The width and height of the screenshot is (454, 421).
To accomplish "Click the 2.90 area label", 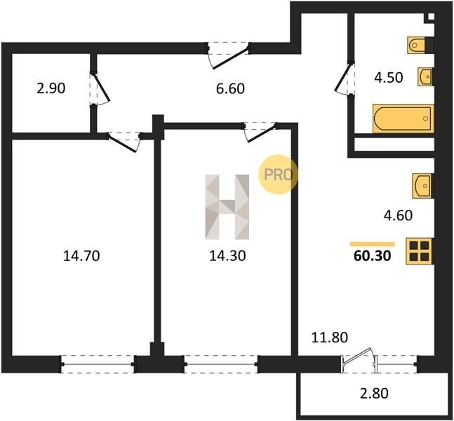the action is click(x=51, y=88).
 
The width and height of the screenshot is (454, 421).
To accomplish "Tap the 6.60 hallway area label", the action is click(x=230, y=88).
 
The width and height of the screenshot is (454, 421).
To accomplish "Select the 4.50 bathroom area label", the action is click(x=389, y=78).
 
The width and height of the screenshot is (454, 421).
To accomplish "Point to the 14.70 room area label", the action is click(x=81, y=256).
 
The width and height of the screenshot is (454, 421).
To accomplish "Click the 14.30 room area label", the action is click(x=227, y=256).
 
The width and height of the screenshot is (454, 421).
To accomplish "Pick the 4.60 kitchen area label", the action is click(x=398, y=215).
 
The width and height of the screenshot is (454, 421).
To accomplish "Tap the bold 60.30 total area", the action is click(x=373, y=256).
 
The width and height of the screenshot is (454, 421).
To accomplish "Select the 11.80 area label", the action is click(x=330, y=338).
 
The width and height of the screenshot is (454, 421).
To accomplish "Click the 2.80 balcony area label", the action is click(x=374, y=394).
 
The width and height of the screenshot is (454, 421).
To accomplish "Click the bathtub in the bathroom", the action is click(x=403, y=119).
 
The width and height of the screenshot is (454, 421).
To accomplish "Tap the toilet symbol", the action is click(x=418, y=45).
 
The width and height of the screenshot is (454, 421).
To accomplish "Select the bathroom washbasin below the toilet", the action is click(x=425, y=76).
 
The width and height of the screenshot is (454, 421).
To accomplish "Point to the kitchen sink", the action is click(x=422, y=186).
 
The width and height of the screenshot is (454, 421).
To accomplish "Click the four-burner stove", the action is click(x=419, y=251).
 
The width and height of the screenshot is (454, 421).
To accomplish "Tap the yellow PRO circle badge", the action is click(x=278, y=174).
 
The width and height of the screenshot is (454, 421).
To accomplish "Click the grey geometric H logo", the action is click(x=227, y=207).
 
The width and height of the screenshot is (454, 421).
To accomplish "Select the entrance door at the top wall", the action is click(x=229, y=55).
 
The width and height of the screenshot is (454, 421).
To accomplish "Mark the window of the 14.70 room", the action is click(x=98, y=364).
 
